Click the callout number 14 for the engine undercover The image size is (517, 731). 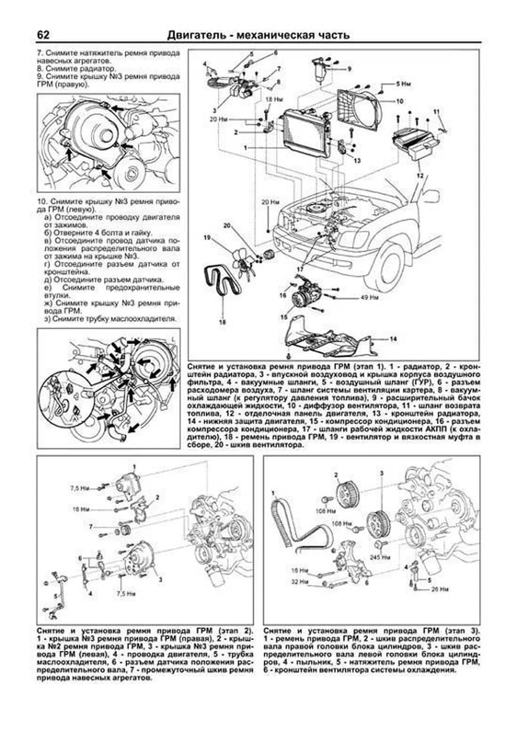pos(393,339)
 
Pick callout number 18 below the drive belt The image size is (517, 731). pos(222,321)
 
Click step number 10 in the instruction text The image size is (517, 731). pos(40,201)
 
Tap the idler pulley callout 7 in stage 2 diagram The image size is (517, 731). pos(90,526)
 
